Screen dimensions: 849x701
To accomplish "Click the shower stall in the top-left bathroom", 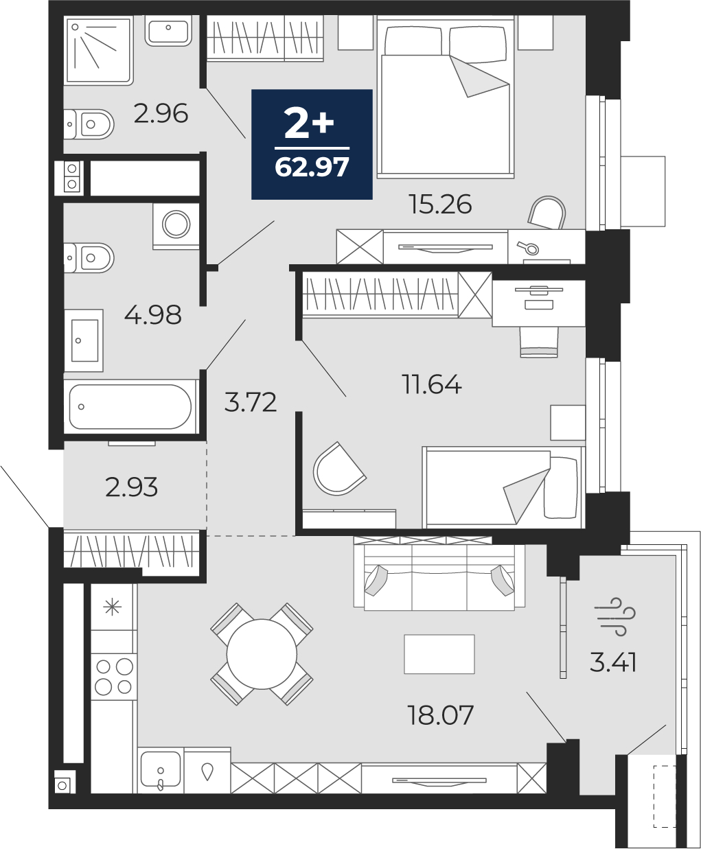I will point(98,51).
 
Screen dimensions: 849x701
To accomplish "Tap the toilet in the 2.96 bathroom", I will point(91,124).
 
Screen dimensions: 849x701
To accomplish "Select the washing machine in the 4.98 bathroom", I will point(176,225).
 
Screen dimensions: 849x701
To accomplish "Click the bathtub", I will point(130,406).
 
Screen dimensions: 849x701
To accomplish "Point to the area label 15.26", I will point(440,204).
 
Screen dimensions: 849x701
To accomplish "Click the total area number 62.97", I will point(312,167).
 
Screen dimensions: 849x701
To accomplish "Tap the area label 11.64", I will point(431,384).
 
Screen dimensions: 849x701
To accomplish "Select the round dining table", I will point(261,654).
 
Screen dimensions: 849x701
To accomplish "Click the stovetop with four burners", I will point(114,676).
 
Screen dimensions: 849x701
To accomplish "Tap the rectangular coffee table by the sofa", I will point(439,654).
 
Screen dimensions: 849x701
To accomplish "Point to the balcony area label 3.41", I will point(613,662).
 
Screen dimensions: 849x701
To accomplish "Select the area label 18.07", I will point(440,715).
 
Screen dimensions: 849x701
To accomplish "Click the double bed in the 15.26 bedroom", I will point(446,100).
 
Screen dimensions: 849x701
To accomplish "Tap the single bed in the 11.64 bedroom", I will point(503,487).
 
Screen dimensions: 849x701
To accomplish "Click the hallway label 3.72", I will point(251,402).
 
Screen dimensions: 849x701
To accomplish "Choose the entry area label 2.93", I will point(131,487).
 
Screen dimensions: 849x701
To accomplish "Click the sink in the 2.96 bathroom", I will point(168,32).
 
